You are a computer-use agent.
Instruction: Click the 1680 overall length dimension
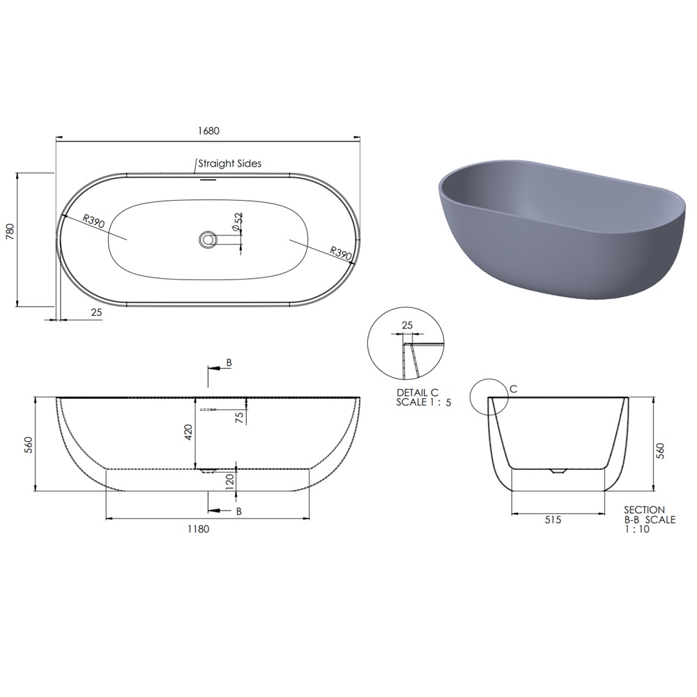pyautogui.click(x=208, y=131)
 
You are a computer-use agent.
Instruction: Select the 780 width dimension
pyautogui.click(x=10, y=232)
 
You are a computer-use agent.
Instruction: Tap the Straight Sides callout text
pyautogui.click(x=230, y=164)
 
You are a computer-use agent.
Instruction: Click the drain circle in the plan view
pyautogui.click(x=207, y=239)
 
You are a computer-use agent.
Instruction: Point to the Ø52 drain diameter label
pyautogui.click(x=238, y=222)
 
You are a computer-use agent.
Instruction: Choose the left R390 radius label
pyautogui.click(x=93, y=221)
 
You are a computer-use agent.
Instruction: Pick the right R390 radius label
pyautogui.click(x=341, y=254)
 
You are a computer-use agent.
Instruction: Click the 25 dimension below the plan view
pyautogui.click(x=96, y=312)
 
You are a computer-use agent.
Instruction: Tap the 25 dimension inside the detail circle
pyautogui.click(x=407, y=325)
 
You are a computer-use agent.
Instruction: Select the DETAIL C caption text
pyautogui.click(x=418, y=393)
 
